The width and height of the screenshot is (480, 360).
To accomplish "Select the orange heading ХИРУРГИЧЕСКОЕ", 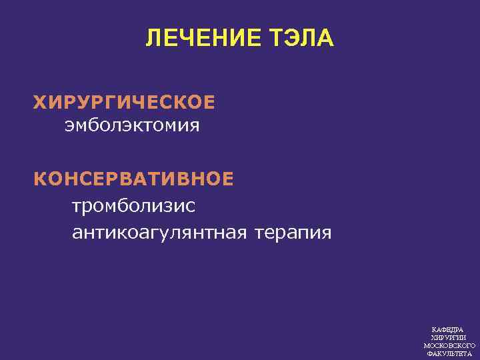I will pyautogui.click(x=125, y=103).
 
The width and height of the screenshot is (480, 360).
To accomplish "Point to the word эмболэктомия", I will pyautogui.click(x=132, y=125).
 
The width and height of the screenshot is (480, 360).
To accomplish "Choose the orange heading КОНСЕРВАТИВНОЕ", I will pyautogui.click(x=134, y=179).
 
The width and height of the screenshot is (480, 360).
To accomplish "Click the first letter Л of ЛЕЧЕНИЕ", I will pyautogui.click(x=153, y=39).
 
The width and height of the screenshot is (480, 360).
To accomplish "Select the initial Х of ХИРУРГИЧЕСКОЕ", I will pyautogui.click(x=40, y=103).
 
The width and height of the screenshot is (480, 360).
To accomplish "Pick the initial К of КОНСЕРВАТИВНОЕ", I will pyautogui.click(x=40, y=179).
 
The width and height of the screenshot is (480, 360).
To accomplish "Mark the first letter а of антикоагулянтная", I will pyautogui.click(x=77, y=233).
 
